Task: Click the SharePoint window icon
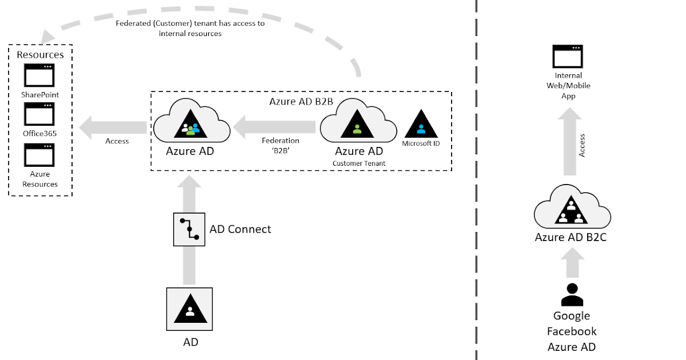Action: tap(39, 75)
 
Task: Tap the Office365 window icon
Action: tap(39, 114)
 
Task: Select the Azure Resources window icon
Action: tap(39, 155)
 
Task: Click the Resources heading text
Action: tap(40, 55)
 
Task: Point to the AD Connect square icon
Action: tap(189, 229)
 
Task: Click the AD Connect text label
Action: tap(240, 229)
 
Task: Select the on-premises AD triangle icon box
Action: tap(189, 309)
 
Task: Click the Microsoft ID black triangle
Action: tap(420, 122)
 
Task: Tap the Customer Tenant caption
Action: tap(359, 163)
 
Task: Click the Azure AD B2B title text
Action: tap(301, 101)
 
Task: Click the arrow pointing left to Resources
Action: tap(113, 126)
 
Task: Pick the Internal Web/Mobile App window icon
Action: tap(568, 57)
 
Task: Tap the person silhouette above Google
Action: tap(571, 295)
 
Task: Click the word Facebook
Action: tap(572, 331)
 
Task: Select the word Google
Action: tap(572, 316)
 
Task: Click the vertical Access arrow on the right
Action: tap(572, 143)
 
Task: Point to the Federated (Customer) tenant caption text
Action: tap(190, 29)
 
